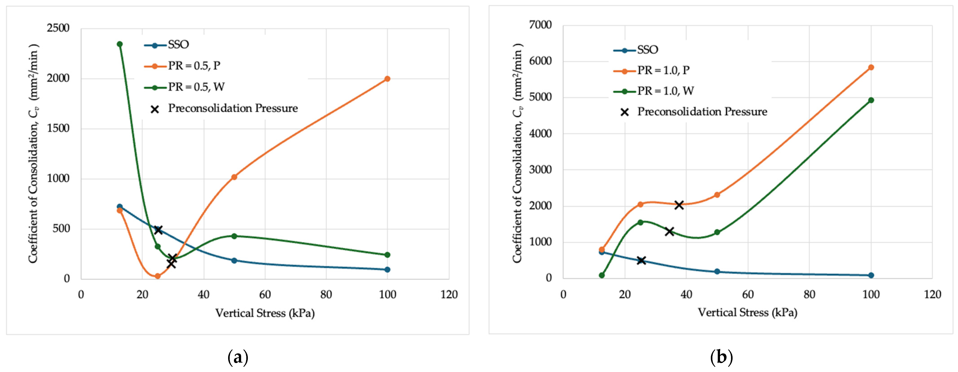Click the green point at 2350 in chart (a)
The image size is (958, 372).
120,44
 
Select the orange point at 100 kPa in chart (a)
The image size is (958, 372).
387,79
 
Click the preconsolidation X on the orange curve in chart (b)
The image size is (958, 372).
679,205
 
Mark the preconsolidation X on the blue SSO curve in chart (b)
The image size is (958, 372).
641,260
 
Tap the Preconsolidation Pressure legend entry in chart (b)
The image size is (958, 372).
694,112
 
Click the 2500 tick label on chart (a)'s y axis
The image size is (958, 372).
58,28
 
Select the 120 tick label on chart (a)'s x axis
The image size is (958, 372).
449,295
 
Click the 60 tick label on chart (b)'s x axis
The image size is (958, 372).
748,295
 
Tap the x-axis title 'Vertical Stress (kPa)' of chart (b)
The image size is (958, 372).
748,313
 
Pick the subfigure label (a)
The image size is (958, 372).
238,357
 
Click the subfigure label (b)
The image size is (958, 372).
722,357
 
